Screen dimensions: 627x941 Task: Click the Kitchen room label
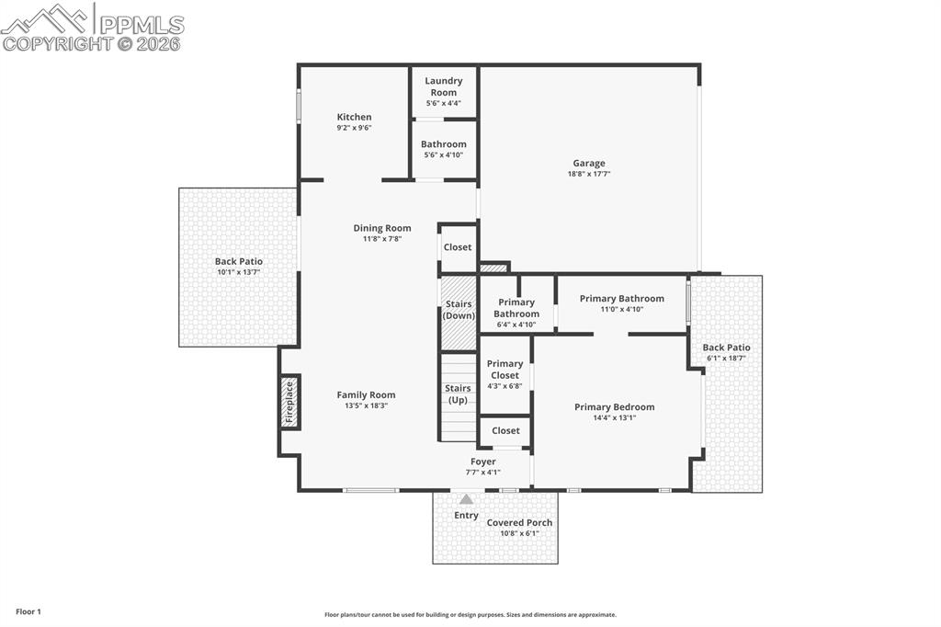pos(354,117)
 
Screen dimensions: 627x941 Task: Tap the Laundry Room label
pos(443,86)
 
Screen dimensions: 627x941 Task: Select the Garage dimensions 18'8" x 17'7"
pos(589,174)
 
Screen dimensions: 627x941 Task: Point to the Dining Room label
pos(382,228)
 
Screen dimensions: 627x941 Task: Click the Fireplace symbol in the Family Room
pos(289,402)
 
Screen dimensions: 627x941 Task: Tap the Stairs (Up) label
pos(458,394)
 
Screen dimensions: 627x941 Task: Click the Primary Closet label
pos(505,370)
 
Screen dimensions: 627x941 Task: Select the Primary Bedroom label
pos(614,407)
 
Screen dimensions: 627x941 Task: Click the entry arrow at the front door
pos(466,499)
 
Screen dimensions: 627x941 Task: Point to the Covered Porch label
pos(519,523)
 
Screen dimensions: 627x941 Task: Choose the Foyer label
pos(482,462)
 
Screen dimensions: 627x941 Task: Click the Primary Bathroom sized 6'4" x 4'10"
pos(516,308)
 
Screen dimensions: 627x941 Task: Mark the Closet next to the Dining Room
pos(458,247)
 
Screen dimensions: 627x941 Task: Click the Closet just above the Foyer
pos(505,430)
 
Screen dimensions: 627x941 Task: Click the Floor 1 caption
pos(28,611)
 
